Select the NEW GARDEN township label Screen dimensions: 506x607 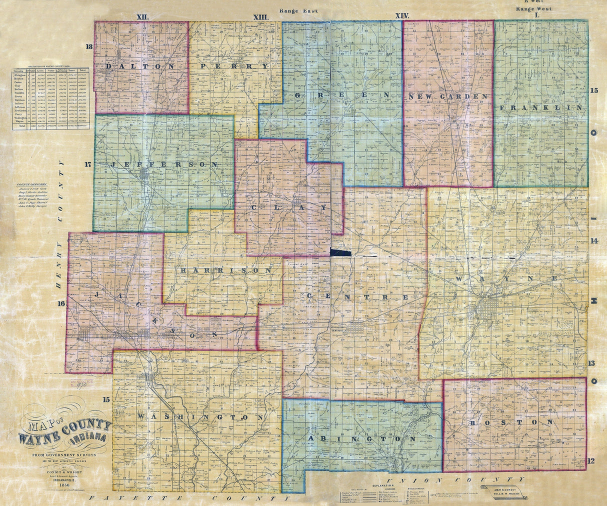click(447, 95)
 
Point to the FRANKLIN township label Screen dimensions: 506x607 click(540, 107)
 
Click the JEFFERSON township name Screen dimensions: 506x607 click(165, 164)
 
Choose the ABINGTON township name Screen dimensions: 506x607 click(361, 438)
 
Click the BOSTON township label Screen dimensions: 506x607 click(511, 422)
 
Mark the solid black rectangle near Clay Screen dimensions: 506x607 click(341, 252)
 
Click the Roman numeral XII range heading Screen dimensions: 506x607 click(143, 16)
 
